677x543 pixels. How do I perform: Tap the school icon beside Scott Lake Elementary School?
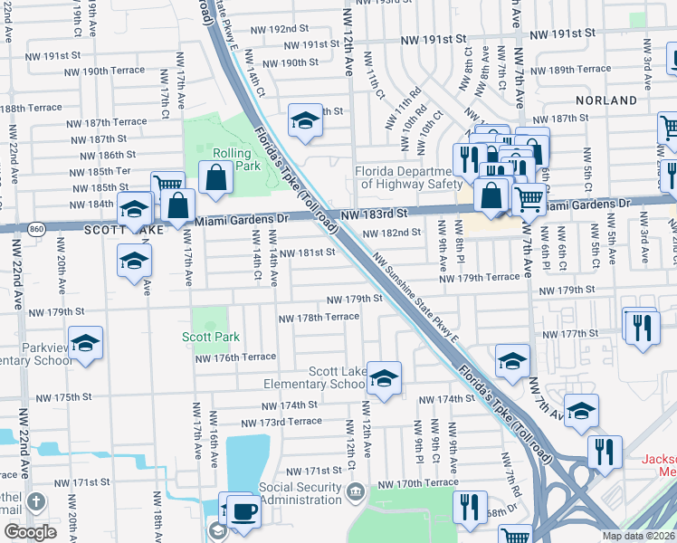point(384,380)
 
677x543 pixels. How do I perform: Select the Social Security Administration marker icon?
point(355,491)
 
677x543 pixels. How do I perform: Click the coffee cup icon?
point(243,512)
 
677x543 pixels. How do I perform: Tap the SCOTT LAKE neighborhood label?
point(115,231)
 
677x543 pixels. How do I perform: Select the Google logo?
point(30,532)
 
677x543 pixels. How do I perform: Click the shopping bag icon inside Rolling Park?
point(216,180)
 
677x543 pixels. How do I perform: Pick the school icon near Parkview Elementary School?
point(86,345)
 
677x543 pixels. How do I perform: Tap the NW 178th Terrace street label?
point(319,318)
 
